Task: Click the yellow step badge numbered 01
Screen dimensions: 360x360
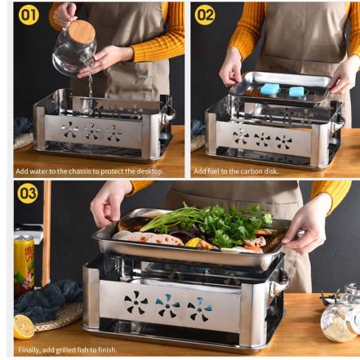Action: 29,15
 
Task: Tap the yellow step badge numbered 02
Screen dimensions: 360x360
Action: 205,15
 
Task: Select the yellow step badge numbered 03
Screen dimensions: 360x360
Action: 28,193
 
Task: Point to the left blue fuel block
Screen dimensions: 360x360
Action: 269,90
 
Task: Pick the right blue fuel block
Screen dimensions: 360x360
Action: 296,91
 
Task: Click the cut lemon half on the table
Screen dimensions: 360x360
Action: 24,327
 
